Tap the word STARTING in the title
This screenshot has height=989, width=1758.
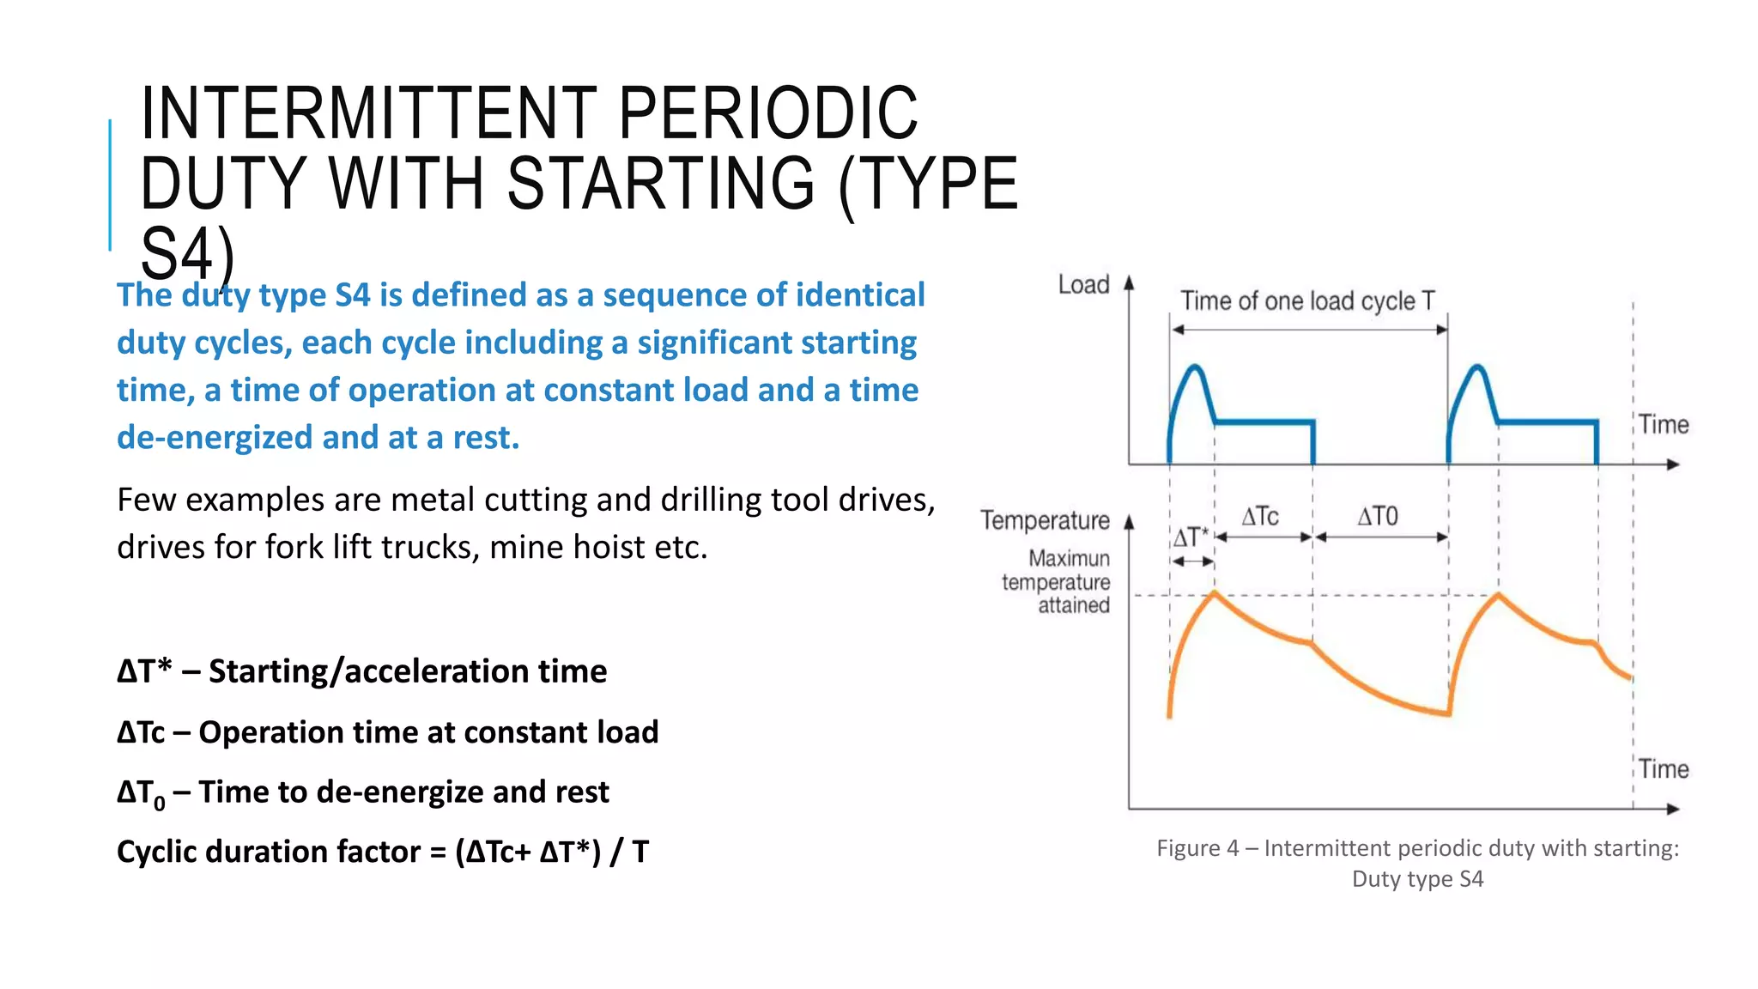(x=661, y=183)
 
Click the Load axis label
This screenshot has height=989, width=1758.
(x=1083, y=284)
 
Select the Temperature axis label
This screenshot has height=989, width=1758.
(x=1045, y=520)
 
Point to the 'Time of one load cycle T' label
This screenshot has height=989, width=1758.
(x=1306, y=301)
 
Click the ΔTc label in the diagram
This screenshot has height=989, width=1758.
(x=1260, y=517)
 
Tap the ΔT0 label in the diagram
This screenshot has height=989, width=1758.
(x=1378, y=517)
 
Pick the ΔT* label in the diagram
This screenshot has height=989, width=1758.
(x=1191, y=538)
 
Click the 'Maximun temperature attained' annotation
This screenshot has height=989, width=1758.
(x=1058, y=582)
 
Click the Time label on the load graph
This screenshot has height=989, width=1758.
(x=1664, y=425)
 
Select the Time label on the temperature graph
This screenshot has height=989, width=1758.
(x=1664, y=769)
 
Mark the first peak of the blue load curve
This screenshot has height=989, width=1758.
(x=1195, y=368)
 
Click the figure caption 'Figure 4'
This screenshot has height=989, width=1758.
(x=1417, y=863)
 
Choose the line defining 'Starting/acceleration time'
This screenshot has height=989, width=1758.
(x=361, y=671)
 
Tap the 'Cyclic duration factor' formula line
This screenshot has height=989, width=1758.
(x=383, y=852)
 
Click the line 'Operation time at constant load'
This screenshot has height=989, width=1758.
(x=387, y=732)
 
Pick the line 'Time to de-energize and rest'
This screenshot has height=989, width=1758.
(x=363, y=792)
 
